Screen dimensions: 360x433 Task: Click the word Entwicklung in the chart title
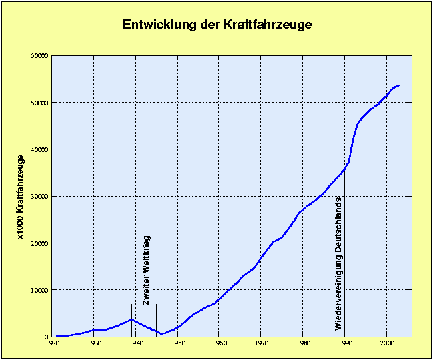pos(157,25)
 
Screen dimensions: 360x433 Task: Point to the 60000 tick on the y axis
pos(39,56)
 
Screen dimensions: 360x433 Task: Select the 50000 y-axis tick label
pos(39,103)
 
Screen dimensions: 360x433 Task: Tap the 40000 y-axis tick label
pos(39,149)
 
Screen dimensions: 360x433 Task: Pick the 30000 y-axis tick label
pos(39,197)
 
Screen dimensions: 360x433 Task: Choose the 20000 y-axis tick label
pos(39,243)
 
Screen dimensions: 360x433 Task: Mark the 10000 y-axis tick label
pos(39,290)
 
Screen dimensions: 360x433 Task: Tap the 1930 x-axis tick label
pos(94,344)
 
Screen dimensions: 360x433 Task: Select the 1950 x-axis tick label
pos(178,344)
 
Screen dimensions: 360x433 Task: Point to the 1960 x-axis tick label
pos(220,344)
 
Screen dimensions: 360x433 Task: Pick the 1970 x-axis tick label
pos(262,344)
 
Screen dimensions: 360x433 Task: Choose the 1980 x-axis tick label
pos(304,344)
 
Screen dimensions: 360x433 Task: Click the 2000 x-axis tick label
pos(388,344)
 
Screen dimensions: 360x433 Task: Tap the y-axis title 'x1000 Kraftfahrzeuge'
pos(21,197)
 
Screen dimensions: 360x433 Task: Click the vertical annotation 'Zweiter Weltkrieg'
pos(147,270)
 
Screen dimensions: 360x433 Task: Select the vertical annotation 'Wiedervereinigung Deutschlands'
pos(338,263)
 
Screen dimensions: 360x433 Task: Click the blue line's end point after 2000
pos(398,85)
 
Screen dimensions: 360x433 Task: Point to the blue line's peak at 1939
pos(132,319)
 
